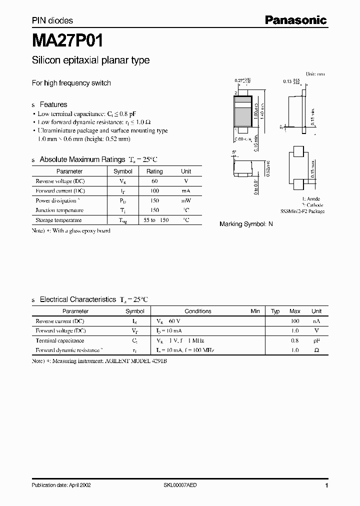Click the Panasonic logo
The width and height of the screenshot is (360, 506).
[x=295, y=20]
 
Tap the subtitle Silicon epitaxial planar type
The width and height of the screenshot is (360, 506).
[x=90, y=60]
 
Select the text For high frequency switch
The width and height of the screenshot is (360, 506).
[x=71, y=83]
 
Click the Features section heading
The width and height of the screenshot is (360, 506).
[x=53, y=104]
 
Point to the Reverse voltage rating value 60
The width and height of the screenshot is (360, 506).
[x=154, y=181]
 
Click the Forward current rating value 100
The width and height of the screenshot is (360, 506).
[x=154, y=191]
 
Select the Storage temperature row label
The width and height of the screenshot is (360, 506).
[x=58, y=220]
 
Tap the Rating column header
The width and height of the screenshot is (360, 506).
[x=154, y=171]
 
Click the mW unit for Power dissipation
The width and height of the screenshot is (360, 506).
[x=186, y=200]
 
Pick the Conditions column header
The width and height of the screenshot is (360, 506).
[x=198, y=311]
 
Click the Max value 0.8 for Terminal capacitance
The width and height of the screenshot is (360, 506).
[x=295, y=340]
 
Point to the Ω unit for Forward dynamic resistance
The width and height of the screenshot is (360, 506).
[x=316, y=350]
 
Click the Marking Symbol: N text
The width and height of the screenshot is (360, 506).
[x=246, y=224]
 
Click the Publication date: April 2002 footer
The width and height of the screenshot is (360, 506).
[x=61, y=485]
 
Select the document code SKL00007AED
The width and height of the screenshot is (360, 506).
[x=183, y=485]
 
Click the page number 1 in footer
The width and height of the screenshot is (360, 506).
[x=326, y=485]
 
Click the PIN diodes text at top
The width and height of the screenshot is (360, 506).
[x=52, y=20]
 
